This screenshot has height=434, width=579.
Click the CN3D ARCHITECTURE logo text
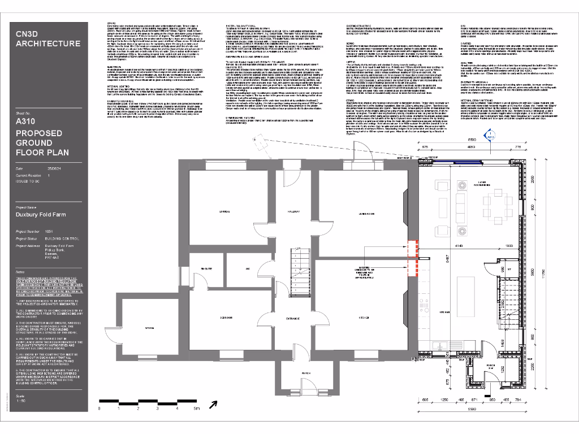tap(47, 39)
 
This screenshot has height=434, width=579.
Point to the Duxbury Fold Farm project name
tap(41, 215)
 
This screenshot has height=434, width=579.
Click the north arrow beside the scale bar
tap(213, 403)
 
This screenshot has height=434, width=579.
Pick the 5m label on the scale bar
tap(196, 408)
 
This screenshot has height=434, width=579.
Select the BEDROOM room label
tap(228, 317)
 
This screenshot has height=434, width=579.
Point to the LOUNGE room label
tap(223, 212)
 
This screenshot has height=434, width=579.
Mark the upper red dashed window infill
tap(412, 248)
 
